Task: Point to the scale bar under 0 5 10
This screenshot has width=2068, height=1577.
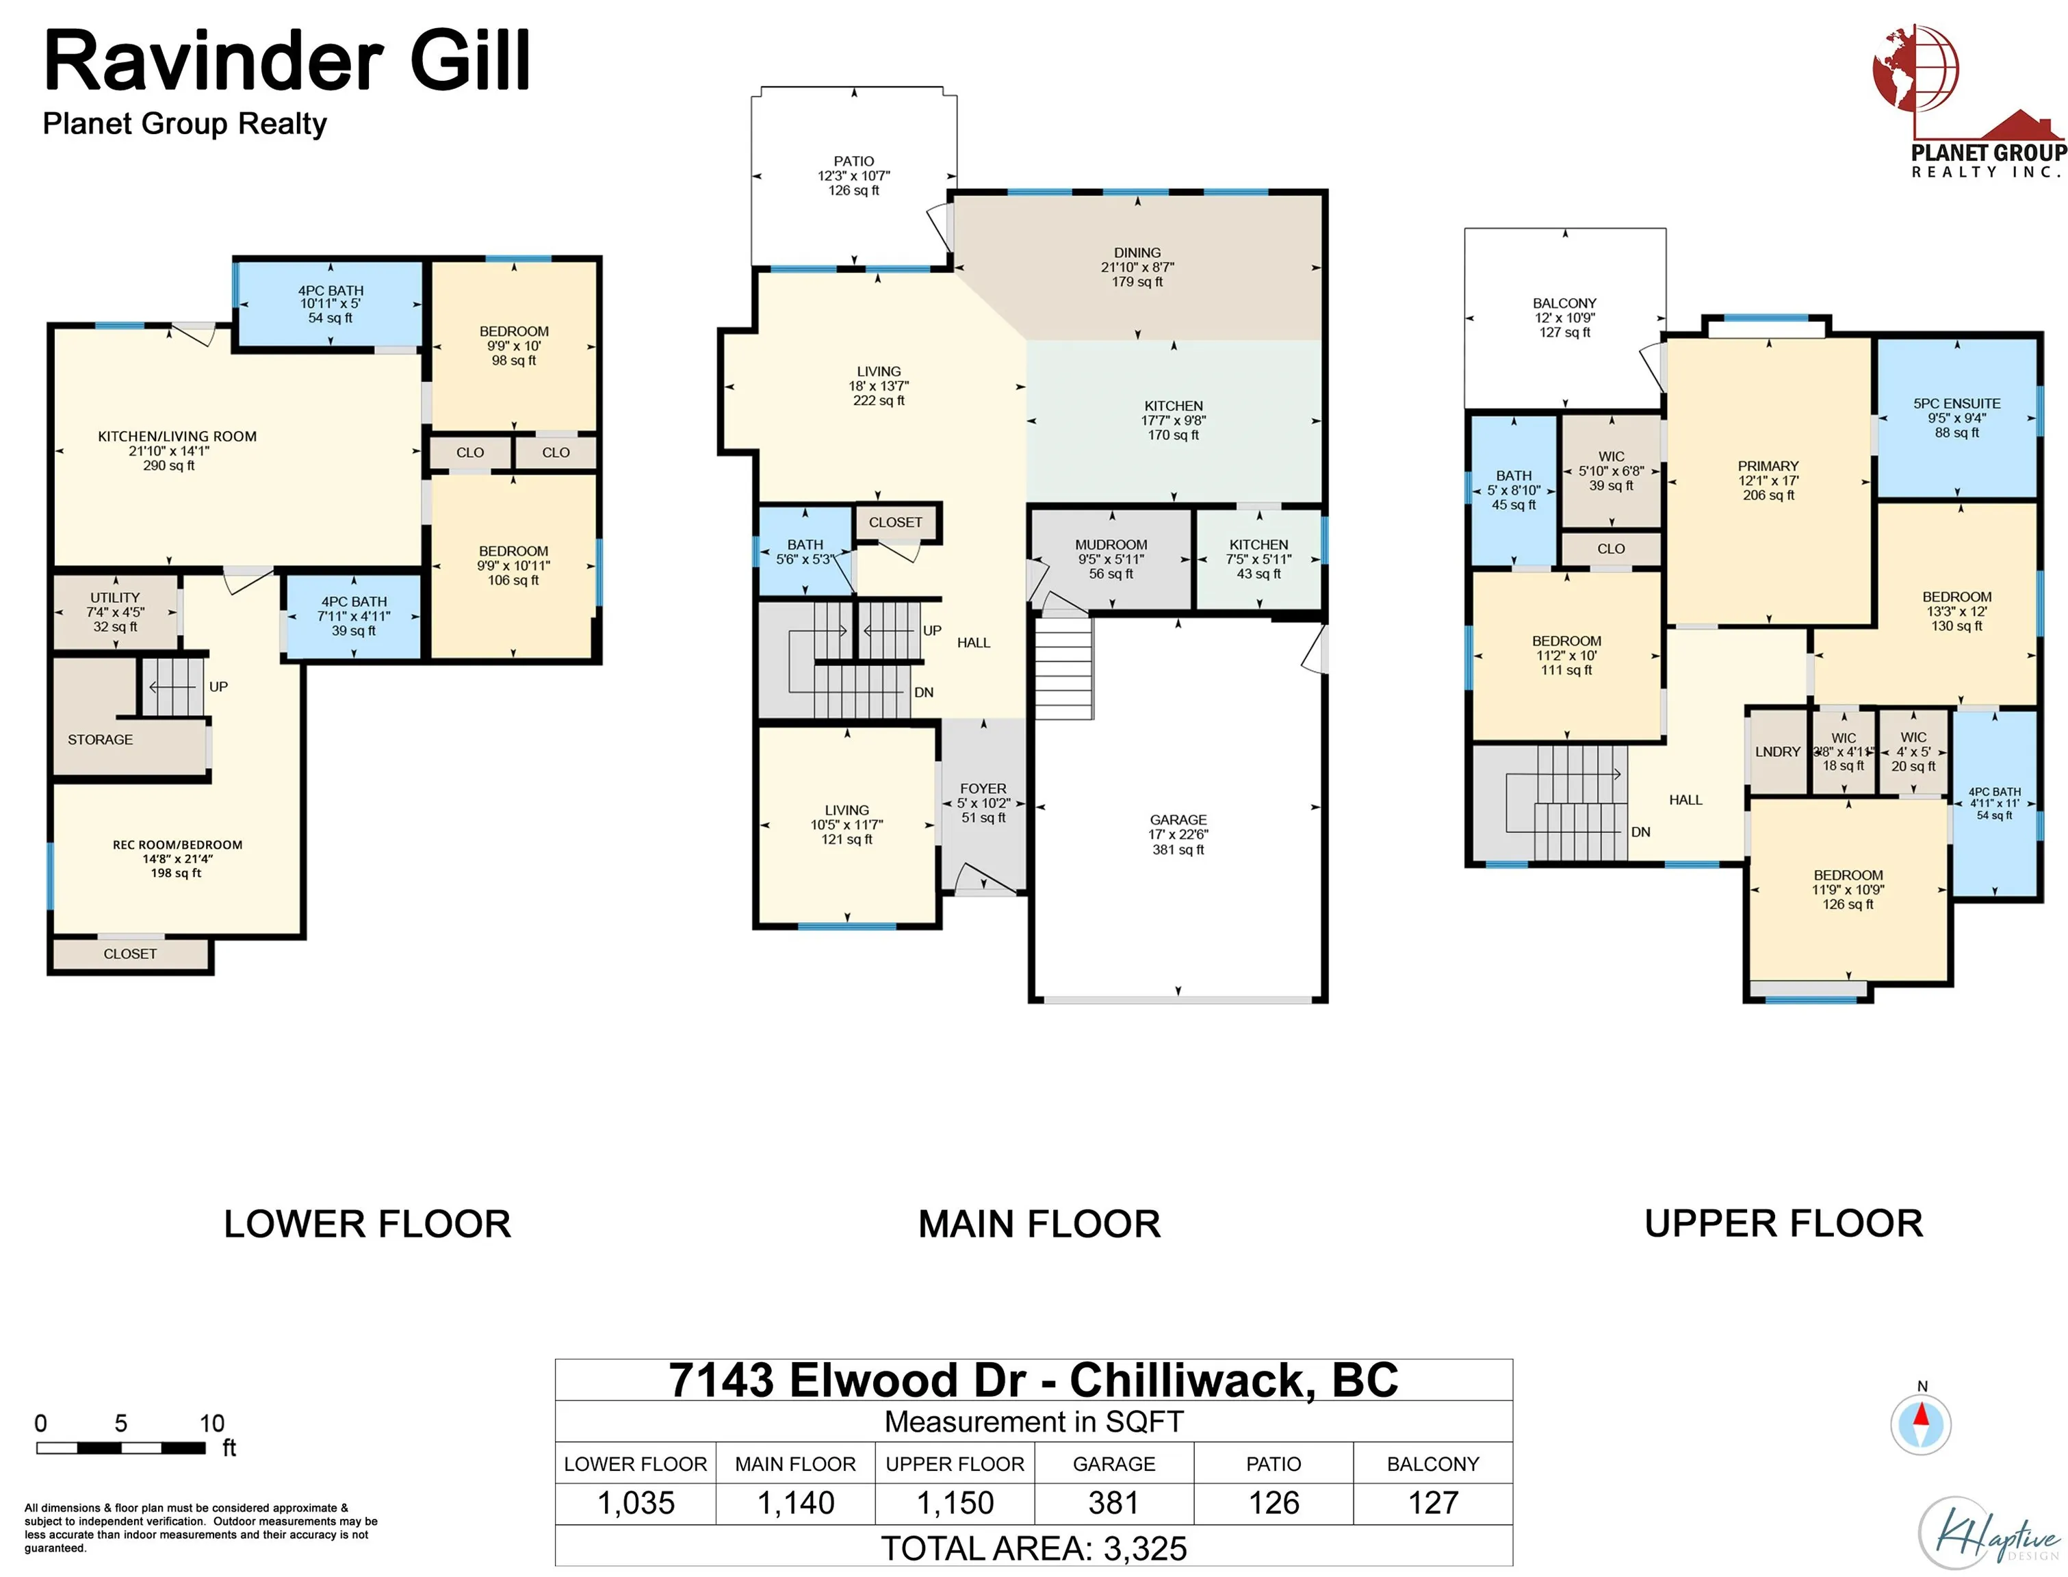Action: pyautogui.click(x=121, y=1448)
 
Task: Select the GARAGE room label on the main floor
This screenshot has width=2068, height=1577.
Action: pyautogui.click(x=1178, y=819)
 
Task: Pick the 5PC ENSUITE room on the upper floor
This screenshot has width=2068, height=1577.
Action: pyautogui.click(x=1957, y=418)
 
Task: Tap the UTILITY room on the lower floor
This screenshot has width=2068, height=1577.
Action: pyautogui.click(x=116, y=612)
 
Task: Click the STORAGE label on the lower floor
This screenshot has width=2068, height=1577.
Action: pyautogui.click(x=101, y=740)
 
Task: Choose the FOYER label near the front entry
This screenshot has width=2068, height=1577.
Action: pyautogui.click(x=983, y=788)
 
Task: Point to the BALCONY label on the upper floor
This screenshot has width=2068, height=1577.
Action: pyautogui.click(x=1564, y=303)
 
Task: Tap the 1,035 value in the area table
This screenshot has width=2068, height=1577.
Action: pyautogui.click(x=636, y=1503)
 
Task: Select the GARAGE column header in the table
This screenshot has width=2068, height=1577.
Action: pyautogui.click(x=1114, y=1463)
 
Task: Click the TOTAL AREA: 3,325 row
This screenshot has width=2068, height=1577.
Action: pyautogui.click(x=1034, y=1548)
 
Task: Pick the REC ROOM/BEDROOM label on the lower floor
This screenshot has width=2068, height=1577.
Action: pyautogui.click(x=177, y=845)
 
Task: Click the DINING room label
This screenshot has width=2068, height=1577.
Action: pyautogui.click(x=1137, y=253)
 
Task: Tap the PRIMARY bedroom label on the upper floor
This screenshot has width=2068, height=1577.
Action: pyautogui.click(x=1768, y=465)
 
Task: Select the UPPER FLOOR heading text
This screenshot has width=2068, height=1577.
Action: pyautogui.click(x=1784, y=1223)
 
